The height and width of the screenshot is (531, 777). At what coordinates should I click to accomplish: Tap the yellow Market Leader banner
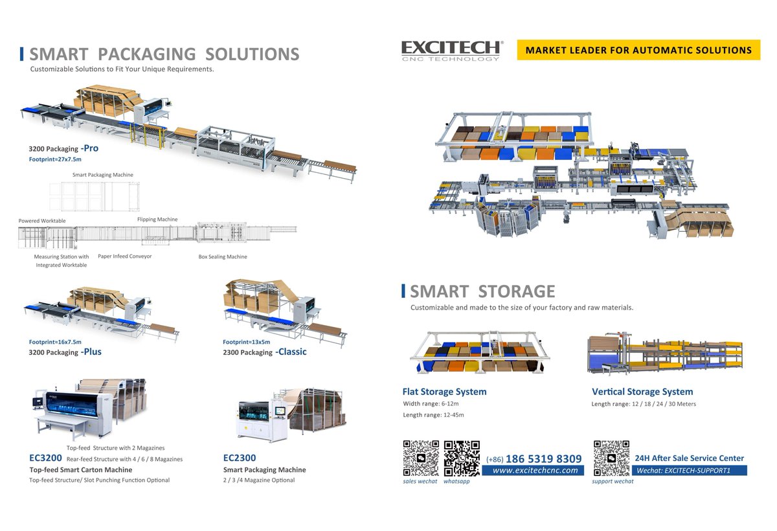click(638, 50)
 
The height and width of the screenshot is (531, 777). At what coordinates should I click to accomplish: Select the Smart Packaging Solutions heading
click(164, 54)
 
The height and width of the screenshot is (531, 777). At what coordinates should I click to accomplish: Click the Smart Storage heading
click(482, 291)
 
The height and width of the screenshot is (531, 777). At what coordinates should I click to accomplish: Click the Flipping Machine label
click(157, 220)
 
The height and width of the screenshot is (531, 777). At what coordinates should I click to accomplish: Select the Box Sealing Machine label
click(223, 257)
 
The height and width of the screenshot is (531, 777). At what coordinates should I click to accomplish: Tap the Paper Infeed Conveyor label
click(125, 256)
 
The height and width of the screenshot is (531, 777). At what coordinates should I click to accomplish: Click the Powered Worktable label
click(42, 221)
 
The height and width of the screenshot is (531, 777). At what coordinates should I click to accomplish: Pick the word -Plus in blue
click(91, 352)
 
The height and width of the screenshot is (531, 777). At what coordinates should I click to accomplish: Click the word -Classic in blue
click(291, 352)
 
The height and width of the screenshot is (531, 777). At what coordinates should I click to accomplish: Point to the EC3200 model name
click(45, 458)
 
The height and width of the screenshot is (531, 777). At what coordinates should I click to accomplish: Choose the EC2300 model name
click(240, 458)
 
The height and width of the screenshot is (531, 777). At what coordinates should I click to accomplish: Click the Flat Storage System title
click(444, 392)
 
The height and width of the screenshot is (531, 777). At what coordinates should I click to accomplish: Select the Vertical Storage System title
click(642, 392)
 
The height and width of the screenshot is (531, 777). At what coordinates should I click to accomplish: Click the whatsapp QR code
click(462, 458)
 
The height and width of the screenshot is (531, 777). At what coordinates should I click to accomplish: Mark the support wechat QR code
click(611, 458)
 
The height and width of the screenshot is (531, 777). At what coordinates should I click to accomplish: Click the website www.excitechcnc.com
click(535, 471)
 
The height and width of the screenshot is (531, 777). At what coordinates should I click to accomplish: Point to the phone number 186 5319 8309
click(543, 458)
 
